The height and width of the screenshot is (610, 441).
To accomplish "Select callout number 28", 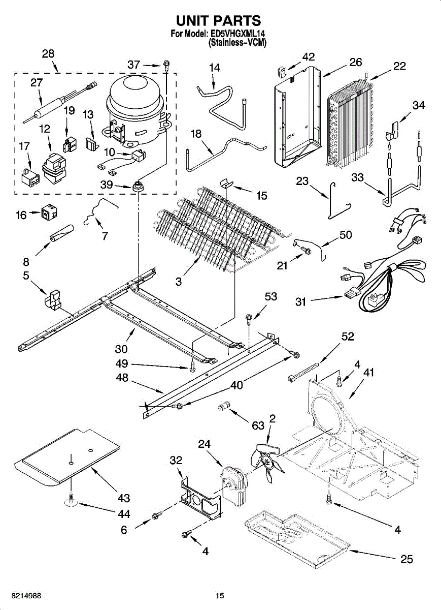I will tap(48, 54).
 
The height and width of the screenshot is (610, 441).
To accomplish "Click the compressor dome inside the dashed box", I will tap(134, 97).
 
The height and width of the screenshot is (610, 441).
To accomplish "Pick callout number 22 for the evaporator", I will tap(399, 66).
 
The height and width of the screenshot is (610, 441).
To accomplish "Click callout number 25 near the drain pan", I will tap(406, 560).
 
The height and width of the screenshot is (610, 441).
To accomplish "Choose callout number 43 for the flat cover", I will tap(123, 498).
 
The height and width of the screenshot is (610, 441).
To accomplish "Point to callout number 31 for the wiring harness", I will tap(301, 302).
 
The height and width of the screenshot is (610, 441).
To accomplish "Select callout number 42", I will tap(308, 56).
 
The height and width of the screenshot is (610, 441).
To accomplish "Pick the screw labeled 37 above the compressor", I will tap(166, 65).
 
